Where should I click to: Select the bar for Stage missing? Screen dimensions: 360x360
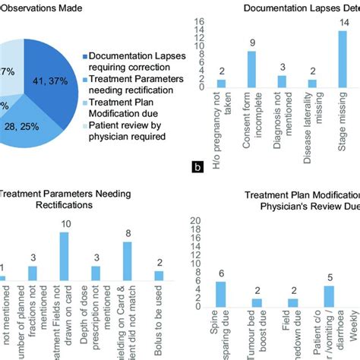(343, 58)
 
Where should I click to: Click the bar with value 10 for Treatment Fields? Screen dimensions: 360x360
(64, 256)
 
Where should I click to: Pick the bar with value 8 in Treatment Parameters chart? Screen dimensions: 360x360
(128, 261)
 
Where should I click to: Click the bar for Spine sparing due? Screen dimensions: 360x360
(221, 293)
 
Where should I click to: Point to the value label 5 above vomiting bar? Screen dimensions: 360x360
(329, 278)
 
